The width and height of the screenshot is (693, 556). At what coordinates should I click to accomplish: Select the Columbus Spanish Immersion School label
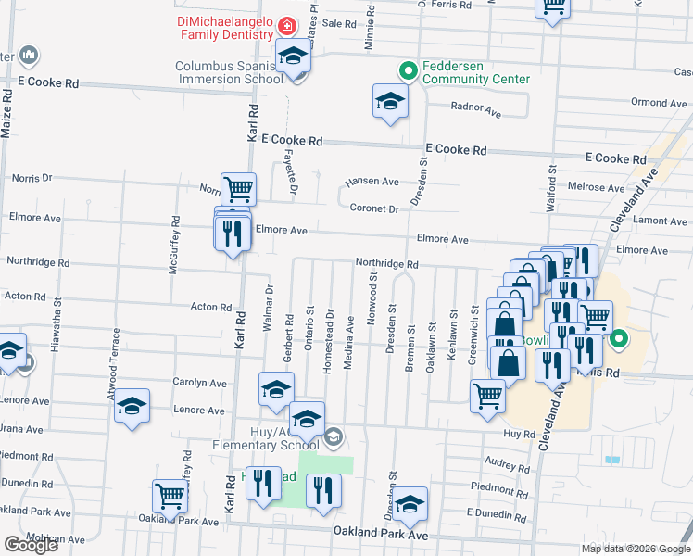tap(229, 72)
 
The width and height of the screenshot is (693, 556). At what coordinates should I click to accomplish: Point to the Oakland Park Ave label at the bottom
tap(381, 534)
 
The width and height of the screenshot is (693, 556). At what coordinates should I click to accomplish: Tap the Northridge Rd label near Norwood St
tap(387, 264)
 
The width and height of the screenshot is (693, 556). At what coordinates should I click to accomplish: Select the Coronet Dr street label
tap(373, 208)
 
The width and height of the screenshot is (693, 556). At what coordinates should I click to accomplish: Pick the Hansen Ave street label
tap(372, 182)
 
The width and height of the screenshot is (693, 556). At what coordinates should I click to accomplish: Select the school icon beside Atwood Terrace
tap(132, 406)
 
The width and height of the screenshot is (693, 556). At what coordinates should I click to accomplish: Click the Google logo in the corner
tap(31, 545)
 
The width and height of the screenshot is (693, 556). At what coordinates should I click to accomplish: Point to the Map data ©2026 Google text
tap(635, 549)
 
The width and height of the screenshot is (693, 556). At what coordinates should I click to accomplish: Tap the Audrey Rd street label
tap(504, 461)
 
